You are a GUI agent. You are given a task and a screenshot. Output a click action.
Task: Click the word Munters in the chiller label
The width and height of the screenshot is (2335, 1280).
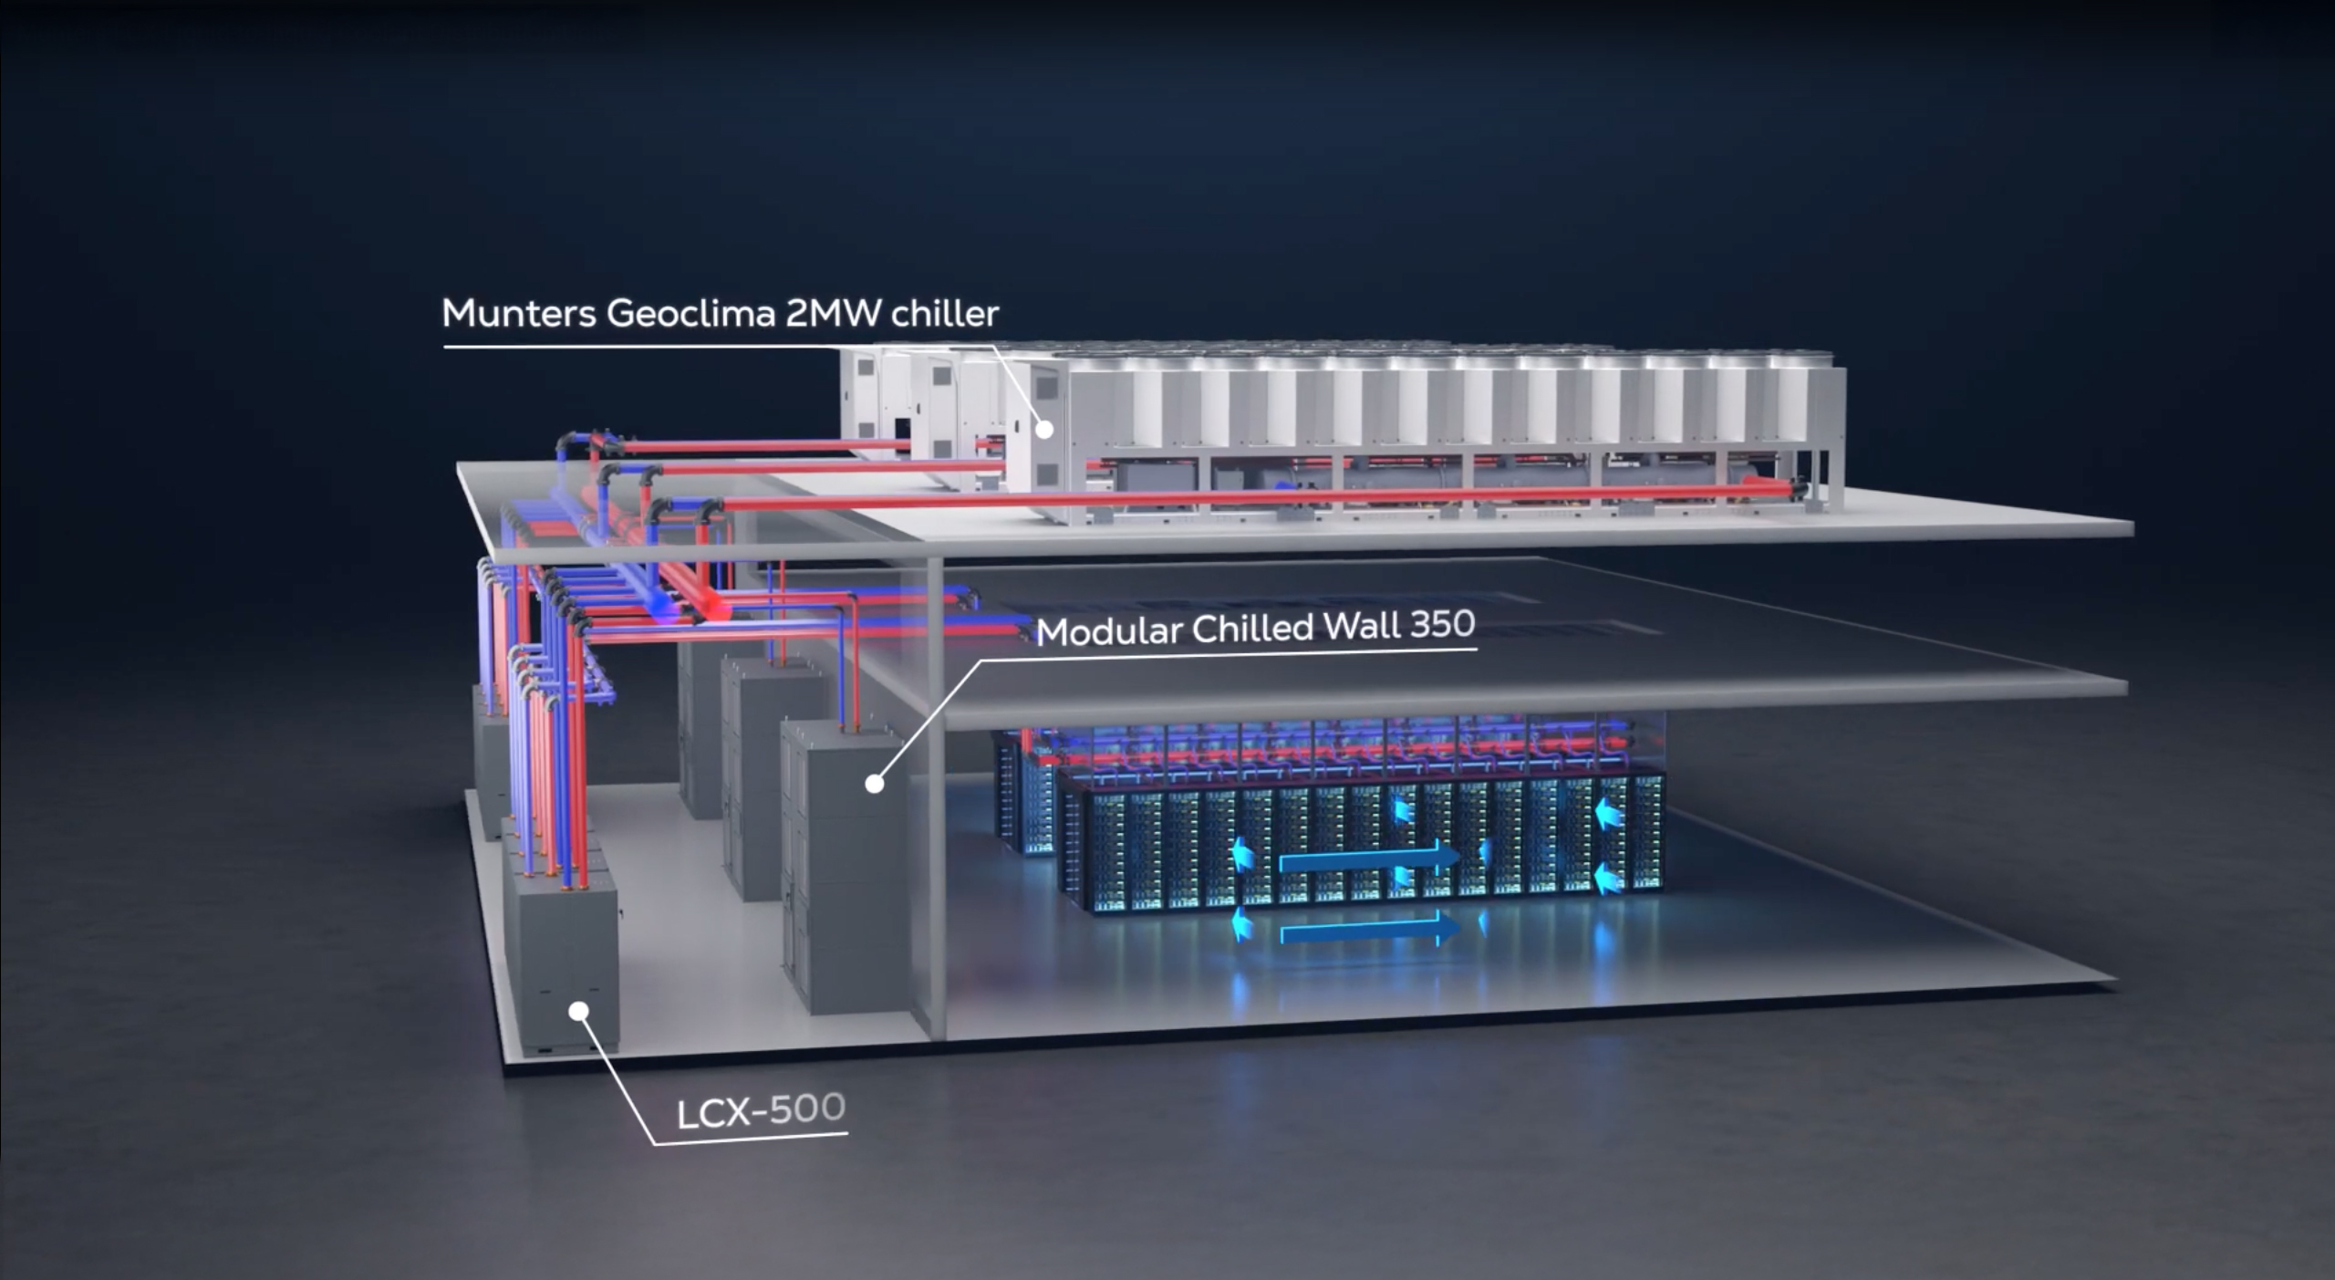tap(518, 313)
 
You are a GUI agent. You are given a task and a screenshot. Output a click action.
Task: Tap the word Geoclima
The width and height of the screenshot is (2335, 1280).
tap(690, 313)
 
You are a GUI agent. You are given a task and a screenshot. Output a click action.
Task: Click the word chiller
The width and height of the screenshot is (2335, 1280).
tap(944, 314)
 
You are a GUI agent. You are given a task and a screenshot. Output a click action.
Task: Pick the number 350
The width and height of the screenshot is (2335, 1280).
tap(1442, 624)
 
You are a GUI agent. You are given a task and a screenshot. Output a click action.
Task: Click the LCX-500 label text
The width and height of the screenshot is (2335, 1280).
tap(761, 1110)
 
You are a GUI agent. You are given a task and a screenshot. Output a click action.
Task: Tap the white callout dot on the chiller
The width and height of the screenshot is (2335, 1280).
tap(1045, 429)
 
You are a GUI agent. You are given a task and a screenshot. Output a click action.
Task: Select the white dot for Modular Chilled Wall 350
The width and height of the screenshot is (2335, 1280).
tap(874, 783)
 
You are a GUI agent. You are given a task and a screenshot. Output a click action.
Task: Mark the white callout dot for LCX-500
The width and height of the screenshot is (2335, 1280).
tap(578, 1010)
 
